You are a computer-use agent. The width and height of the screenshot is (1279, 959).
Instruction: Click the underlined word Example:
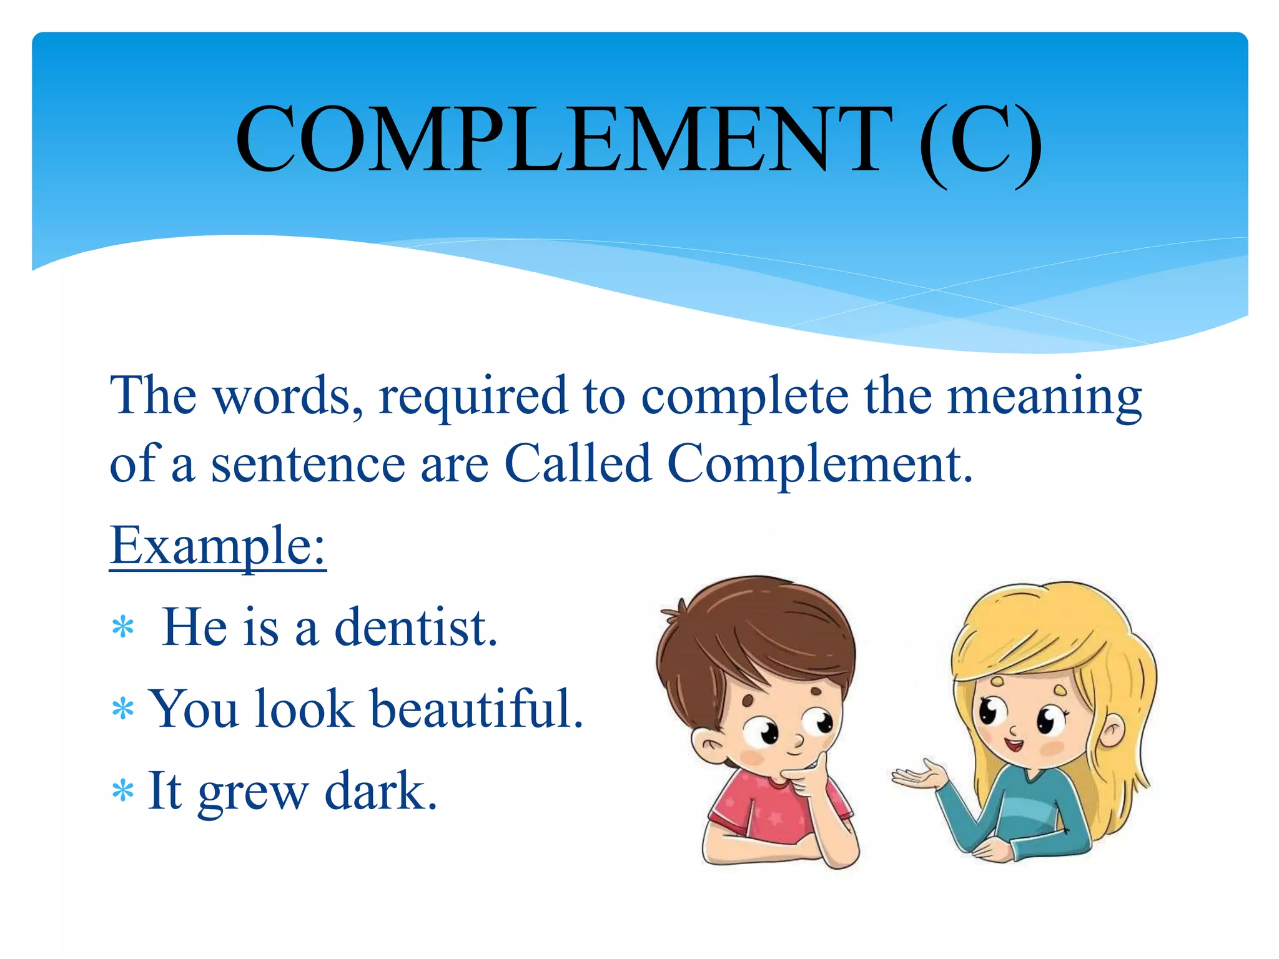coord(218,545)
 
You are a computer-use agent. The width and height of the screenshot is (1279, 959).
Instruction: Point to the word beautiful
coord(477,709)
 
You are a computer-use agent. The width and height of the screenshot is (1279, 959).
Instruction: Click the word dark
coord(380,790)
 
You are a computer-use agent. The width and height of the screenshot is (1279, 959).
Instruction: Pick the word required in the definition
coord(473,396)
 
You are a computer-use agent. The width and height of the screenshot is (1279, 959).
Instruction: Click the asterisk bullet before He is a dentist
coord(123,627)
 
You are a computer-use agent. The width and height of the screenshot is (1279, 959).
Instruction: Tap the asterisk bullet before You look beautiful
coord(123,709)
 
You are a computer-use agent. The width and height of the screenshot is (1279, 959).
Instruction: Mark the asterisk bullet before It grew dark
coord(123,791)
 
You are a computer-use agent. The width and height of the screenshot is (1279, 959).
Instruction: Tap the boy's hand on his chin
coord(809,777)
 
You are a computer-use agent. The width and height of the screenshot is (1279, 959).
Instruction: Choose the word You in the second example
coord(195,709)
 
